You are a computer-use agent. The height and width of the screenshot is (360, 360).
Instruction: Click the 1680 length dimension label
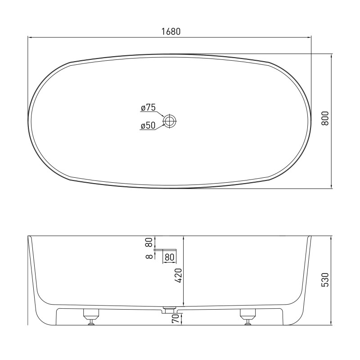(x=171, y=31)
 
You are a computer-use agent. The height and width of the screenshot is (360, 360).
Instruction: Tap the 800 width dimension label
(x=325, y=118)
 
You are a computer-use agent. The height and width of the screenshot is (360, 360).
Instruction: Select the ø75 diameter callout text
(x=148, y=108)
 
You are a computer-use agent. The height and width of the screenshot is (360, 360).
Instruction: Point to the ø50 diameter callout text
(x=148, y=126)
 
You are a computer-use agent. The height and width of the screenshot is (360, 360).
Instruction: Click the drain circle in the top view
(x=170, y=121)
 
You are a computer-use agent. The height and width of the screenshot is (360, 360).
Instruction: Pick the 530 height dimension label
(x=325, y=279)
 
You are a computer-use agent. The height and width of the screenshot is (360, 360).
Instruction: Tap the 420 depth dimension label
(x=178, y=275)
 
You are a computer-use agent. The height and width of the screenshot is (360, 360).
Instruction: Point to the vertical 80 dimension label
(x=149, y=242)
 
